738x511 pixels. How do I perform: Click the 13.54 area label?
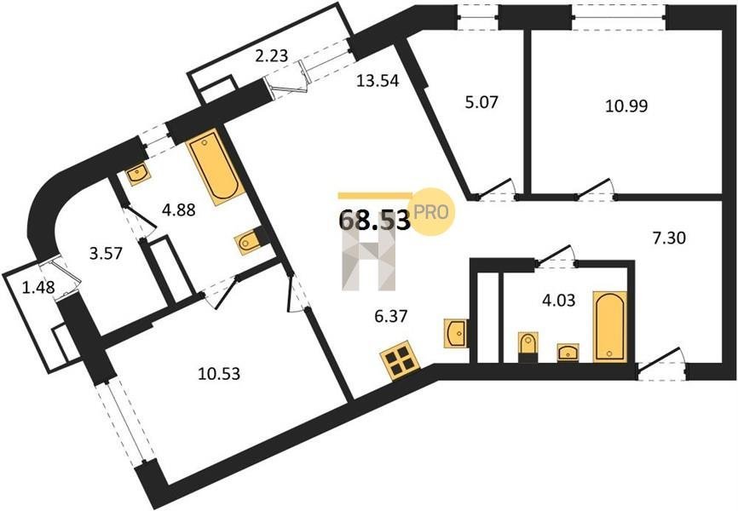click(378, 81)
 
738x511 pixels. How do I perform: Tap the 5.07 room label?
click(481, 101)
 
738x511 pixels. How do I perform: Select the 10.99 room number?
click(626, 106)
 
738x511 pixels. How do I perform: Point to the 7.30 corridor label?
click(669, 238)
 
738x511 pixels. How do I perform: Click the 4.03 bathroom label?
click(559, 300)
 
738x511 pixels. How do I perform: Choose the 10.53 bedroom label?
click(219, 374)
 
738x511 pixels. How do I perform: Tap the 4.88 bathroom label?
click(178, 210)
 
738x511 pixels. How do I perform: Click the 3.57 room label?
click(106, 254)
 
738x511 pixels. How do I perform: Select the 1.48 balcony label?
click(38, 286)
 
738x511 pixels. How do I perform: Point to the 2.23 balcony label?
click(271, 56)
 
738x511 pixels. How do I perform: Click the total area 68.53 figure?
click(375, 220)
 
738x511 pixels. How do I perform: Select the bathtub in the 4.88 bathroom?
click(216, 166)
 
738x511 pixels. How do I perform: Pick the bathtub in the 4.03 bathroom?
click(609, 326)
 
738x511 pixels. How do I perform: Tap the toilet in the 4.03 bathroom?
click(528, 347)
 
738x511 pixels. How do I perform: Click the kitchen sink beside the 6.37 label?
click(456, 333)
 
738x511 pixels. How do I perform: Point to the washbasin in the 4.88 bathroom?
click(137, 173)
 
